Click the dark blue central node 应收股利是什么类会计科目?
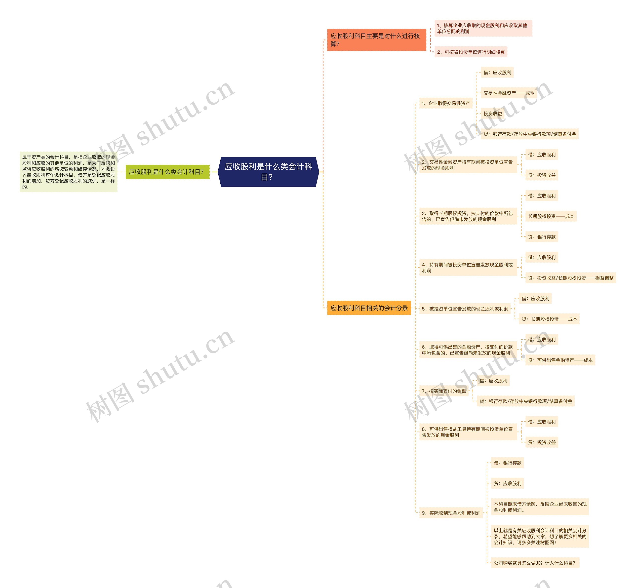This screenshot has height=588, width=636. coord(268,172)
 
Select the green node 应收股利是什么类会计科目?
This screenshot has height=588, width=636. coord(167,172)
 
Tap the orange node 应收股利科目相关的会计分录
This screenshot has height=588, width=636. coord(369,308)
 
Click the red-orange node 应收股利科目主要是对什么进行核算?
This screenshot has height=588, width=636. coord(376,40)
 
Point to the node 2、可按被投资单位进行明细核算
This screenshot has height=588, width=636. coord(471,52)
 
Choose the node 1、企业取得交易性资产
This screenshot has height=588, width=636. coord(445,103)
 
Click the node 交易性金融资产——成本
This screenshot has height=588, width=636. coord(508,93)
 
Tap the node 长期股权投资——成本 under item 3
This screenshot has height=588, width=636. coord(551,216)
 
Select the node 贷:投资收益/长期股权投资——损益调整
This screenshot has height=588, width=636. coord(570,278)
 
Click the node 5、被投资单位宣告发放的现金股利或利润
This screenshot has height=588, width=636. coord(465,309)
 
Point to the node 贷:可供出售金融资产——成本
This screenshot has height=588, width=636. coord(560,360)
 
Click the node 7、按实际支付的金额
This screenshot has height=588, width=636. coord(444,391)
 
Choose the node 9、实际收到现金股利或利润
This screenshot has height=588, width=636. coord(451,513)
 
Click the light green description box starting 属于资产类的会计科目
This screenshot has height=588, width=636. coord(68,172)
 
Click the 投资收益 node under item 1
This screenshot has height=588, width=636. coord(492,114)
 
